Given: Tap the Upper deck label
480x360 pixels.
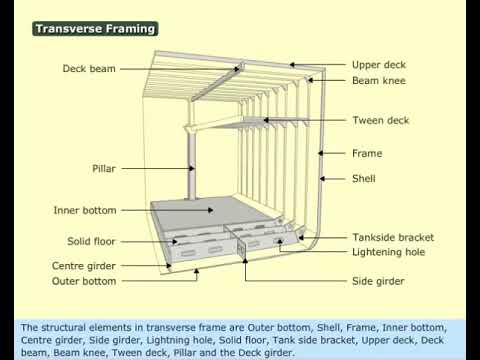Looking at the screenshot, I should click(x=379, y=65).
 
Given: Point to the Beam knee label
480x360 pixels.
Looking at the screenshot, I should click(x=377, y=80).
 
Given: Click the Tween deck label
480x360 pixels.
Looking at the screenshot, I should click(x=379, y=121).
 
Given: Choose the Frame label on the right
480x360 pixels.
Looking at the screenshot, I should click(x=367, y=154).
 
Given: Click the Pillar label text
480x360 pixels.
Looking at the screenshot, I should click(x=105, y=169).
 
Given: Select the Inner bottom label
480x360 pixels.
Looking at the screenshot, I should click(x=85, y=211).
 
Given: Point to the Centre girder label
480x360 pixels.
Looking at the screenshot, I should click(x=84, y=266).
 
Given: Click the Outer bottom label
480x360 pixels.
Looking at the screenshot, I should click(x=84, y=282).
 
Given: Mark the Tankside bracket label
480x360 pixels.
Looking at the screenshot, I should click(x=393, y=238).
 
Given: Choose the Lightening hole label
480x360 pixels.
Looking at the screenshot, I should click(x=389, y=253).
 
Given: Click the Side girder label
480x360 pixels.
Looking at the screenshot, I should click(x=378, y=282).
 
